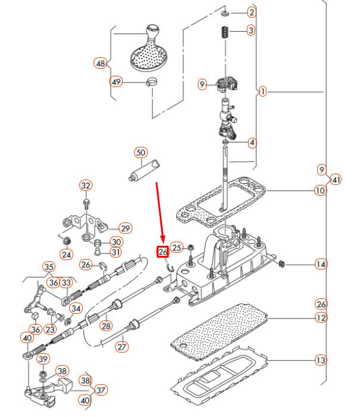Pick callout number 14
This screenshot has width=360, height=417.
point(321,264)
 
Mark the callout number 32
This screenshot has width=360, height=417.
point(86,186)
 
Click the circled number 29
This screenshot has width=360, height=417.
point(125,228)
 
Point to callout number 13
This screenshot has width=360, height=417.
point(321,360)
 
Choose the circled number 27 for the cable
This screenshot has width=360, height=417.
point(122,345)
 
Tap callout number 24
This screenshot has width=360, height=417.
point(66,255)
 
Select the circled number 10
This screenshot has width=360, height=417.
point(321,191)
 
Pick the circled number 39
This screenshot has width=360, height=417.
point(43,359)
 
